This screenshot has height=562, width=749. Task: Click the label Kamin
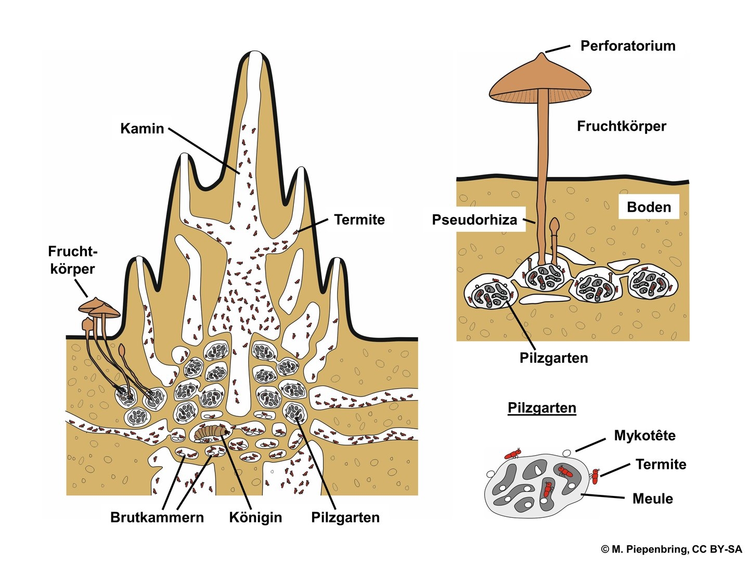pyautogui.click(x=142, y=129)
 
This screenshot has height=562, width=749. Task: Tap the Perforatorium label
pyautogui.click(x=627, y=46)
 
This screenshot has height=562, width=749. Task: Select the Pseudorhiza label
pyautogui.click(x=474, y=220)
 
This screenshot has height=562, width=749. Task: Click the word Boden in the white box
pyautogui.click(x=649, y=207)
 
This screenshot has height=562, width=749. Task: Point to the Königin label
pyautogui.click(x=255, y=517)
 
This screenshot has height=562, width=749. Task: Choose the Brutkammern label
pyautogui.click(x=157, y=517)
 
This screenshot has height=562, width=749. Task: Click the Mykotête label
pyautogui.click(x=644, y=436)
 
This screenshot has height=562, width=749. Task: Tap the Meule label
pyautogui.click(x=652, y=499)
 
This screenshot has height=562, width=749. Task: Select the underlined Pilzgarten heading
pyautogui.click(x=541, y=407)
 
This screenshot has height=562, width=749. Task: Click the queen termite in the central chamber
pyautogui.click(x=212, y=431)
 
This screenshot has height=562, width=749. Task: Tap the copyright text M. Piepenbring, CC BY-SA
pyautogui.click(x=671, y=549)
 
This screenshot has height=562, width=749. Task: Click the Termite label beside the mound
pyautogui.click(x=359, y=220)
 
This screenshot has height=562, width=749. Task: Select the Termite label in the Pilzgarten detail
pyautogui.click(x=661, y=464)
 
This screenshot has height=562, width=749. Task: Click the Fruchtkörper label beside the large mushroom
pyautogui.click(x=621, y=126)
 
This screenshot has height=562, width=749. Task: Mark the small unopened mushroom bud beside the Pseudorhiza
pyautogui.click(x=555, y=225)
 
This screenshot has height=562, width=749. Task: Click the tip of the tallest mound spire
pyautogui.click(x=254, y=53)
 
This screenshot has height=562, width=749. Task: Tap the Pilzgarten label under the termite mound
pyautogui.click(x=345, y=517)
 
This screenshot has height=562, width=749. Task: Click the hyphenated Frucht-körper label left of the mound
pyautogui.click(x=72, y=260)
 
